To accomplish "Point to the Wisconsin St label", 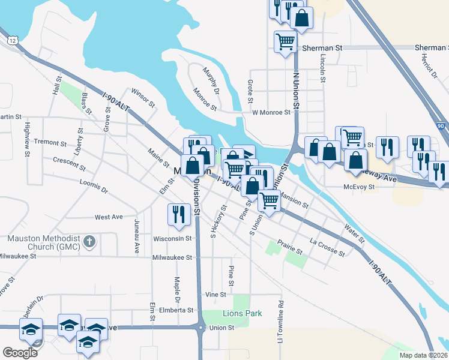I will click(x=172, y=238).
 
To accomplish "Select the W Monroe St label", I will click(x=271, y=112).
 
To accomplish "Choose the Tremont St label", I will click(x=50, y=143).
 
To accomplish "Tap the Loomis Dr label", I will click(x=93, y=186).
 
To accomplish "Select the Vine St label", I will click(x=215, y=295).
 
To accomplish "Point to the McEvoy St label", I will click(x=359, y=187).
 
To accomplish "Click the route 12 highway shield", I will click(x=13, y=40).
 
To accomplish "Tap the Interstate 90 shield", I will click(x=441, y=127).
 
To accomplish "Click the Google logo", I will click(x=20, y=353).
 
